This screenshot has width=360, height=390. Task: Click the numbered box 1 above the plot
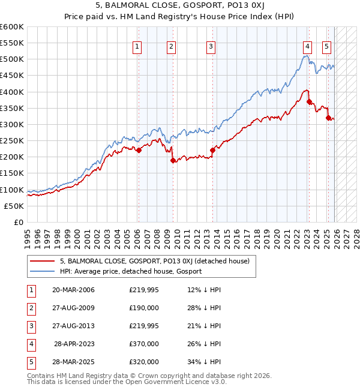(x=138, y=46)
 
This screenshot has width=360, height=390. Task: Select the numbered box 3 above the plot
(x=211, y=46)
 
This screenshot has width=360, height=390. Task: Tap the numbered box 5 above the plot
(x=326, y=46)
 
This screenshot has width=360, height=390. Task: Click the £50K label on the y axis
(x=14, y=206)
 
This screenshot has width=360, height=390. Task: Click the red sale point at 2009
(x=173, y=160)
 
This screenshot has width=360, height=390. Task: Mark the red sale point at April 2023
(x=309, y=102)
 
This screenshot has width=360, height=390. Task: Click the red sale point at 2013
(x=212, y=151)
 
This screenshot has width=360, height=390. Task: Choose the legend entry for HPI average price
(x=130, y=271)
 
